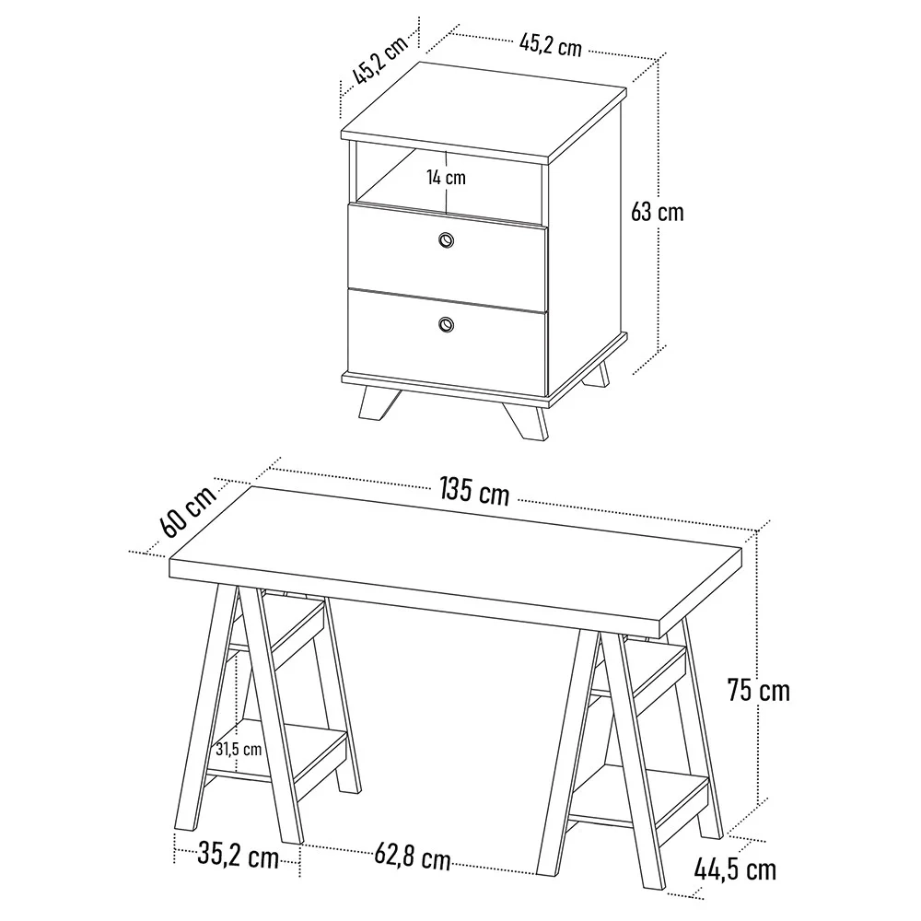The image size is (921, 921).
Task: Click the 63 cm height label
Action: (x=658, y=212)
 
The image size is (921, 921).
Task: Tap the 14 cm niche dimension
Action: (x=446, y=177)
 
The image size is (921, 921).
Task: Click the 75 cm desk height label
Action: (x=758, y=689)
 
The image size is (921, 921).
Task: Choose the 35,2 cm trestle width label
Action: (x=238, y=857)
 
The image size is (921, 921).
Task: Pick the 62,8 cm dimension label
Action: (x=413, y=858)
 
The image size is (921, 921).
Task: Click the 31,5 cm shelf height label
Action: (x=239, y=749)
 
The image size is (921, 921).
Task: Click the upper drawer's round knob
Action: (x=447, y=240)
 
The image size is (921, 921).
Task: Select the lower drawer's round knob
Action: (x=447, y=323)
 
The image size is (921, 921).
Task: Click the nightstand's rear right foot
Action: (x=598, y=374)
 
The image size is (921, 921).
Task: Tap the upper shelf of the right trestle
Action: (x=645, y=668)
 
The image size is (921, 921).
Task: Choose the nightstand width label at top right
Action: (x=551, y=43)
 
